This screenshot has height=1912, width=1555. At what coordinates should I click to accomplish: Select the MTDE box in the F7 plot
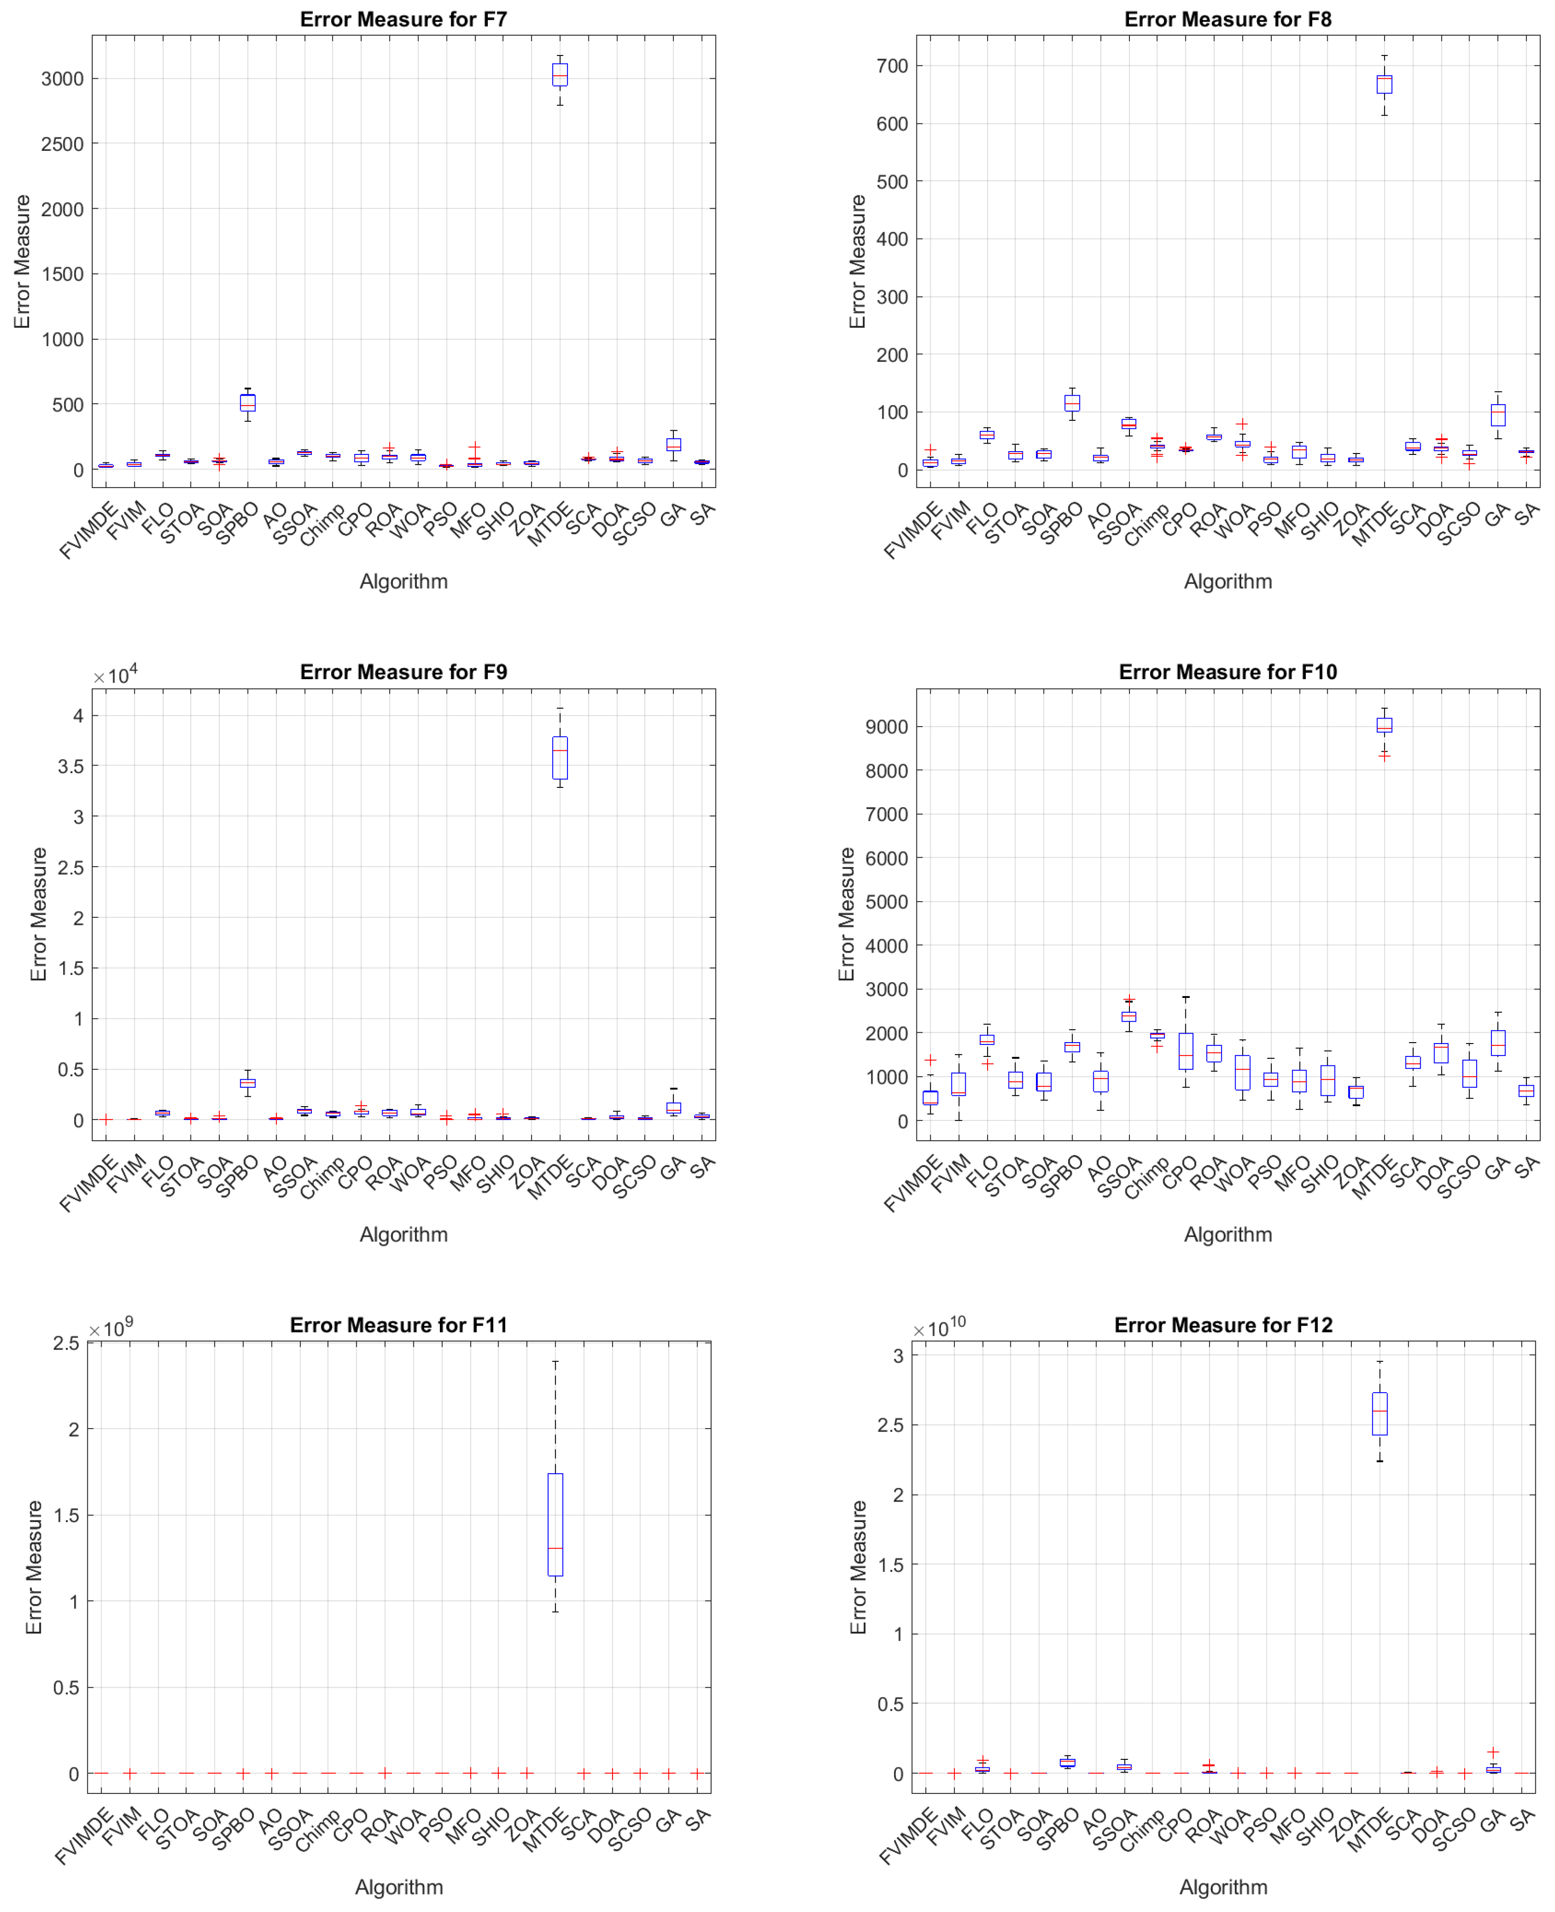[560, 74]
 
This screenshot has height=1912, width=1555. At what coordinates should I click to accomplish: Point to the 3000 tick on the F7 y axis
[63, 79]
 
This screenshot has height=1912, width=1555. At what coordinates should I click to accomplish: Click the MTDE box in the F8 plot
[1384, 84]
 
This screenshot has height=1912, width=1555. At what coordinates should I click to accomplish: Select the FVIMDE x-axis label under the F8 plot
[914, 530]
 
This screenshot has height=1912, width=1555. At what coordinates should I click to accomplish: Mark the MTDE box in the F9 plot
[560, 758]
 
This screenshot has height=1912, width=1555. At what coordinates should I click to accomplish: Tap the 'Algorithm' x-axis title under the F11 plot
[399, 1887]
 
